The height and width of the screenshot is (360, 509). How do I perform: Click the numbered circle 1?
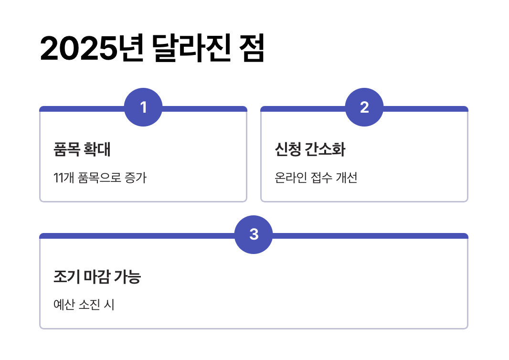[143, 107]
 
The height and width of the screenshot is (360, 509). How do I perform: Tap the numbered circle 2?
[364, 107]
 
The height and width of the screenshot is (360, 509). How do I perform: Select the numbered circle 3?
[254, 234]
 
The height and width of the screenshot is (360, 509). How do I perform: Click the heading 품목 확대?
[82, 150]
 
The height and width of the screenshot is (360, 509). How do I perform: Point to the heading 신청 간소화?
[310, 150]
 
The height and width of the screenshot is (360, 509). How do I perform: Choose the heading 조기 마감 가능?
[97, 277]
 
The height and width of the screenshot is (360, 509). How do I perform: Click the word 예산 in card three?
[64, 305]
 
